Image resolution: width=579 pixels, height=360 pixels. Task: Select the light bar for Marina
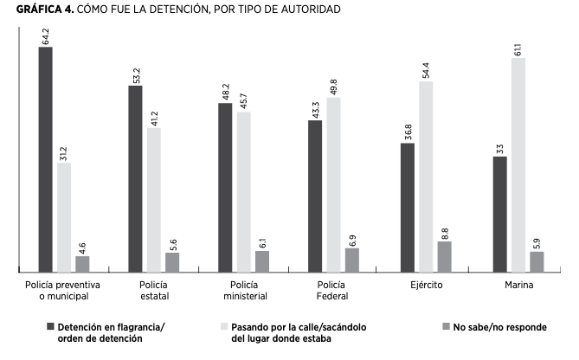518,164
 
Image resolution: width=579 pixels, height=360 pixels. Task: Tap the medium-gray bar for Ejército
444,256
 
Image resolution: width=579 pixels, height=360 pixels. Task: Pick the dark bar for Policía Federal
315,196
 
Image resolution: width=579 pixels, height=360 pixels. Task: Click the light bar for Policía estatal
153,199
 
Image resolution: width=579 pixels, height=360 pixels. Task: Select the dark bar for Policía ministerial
225,187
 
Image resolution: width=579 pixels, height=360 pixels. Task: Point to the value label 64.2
45,35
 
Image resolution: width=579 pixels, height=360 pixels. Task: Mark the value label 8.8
445,231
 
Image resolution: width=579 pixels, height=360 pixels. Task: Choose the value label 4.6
82,246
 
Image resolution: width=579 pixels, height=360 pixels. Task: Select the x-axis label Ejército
425,284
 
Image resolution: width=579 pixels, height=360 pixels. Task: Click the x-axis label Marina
518,284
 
